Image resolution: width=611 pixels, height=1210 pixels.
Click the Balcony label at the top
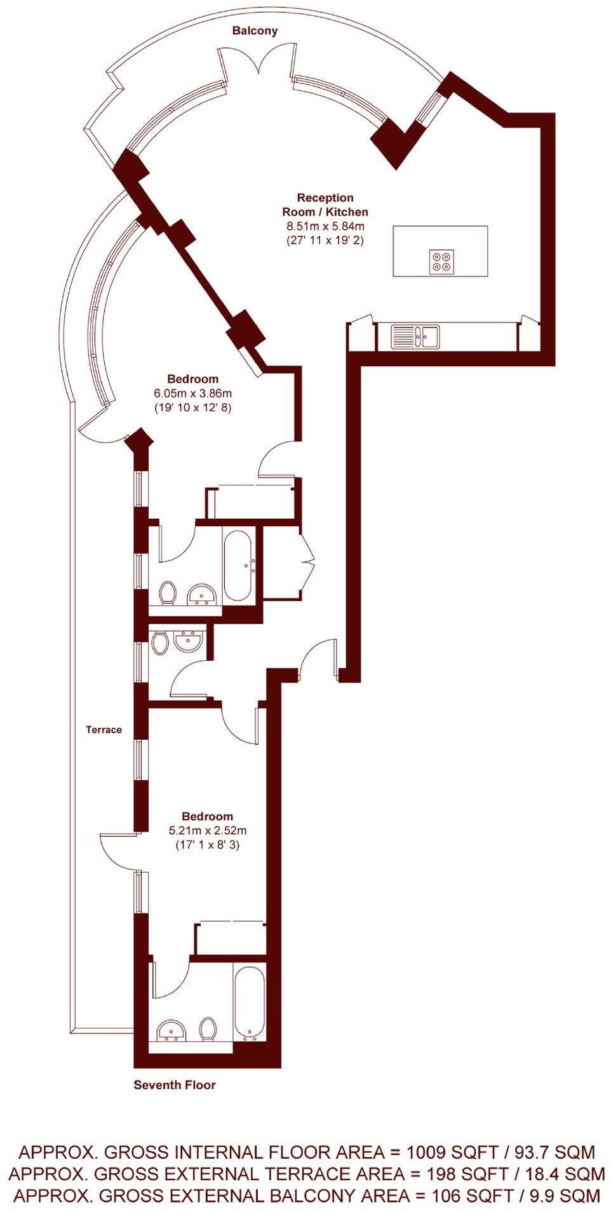pos(255,30)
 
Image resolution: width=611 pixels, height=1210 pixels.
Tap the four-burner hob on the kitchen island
pos(442,262)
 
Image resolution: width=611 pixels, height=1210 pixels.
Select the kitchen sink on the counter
pos(415,336)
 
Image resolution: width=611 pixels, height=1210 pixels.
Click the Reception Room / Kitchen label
pos(325,204)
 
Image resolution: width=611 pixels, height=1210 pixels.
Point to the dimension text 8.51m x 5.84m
pos(325,226)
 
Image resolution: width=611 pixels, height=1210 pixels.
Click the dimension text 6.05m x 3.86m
pos(192,394)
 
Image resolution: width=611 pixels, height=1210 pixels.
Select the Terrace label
pos(104,729)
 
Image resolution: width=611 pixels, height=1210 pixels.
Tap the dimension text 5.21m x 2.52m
pos(207,830)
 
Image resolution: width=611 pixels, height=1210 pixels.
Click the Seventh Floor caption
pos(175,1085)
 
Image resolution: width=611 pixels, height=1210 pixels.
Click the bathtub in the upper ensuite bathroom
pos(238,565)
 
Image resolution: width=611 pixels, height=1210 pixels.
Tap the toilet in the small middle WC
pos(159,642)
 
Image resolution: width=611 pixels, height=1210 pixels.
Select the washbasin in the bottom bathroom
pos(171,1030)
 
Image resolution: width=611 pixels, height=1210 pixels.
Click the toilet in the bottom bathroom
pos(208,1028)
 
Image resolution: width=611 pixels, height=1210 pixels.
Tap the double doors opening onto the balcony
pos(257,63)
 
